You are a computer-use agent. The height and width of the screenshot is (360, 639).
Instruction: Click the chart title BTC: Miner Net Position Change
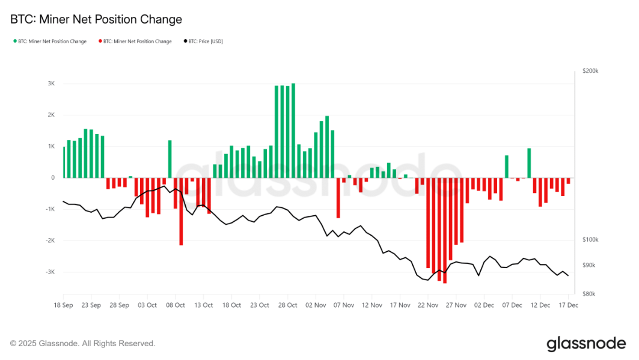click(x=96, y=19)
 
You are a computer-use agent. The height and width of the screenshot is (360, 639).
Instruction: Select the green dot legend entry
click(x=49, y=41)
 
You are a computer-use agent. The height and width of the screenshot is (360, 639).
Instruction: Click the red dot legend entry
click(x=135, y=41)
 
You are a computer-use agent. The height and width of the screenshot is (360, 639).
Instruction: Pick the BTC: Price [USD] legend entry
click(x=203, y=41)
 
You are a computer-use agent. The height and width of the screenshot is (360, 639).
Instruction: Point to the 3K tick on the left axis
click(x=51, y=84)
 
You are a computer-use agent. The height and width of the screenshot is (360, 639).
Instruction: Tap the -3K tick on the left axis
click(x=50, y=272)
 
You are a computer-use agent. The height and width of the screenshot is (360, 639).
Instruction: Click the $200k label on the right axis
click(x=590, y=71)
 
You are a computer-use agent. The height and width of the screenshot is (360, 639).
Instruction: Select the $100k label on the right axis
click(x=590, y=240)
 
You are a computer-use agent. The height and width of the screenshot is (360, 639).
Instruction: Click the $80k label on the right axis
click(x=589, y=294)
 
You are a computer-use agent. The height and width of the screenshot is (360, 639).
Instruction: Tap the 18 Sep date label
click(x=63, y=305)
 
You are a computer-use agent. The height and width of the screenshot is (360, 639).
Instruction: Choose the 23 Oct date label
click(x=260, y=305)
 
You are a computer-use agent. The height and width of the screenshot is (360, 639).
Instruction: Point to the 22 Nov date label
click(x=427, y=305)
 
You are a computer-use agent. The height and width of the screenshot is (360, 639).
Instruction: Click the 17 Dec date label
click(x=568, y=305)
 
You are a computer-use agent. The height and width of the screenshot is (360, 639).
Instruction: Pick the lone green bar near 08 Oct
click(x=170, y=159)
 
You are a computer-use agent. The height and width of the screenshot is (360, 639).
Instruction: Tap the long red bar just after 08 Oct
click(x=181, y=211)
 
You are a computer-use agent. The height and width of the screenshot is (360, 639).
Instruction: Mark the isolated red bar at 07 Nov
click(x=338, y=198)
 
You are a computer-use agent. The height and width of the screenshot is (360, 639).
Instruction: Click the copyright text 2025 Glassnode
click(x=83, y=344)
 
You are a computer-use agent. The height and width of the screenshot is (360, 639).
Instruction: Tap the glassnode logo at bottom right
click(x=586, y=344)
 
